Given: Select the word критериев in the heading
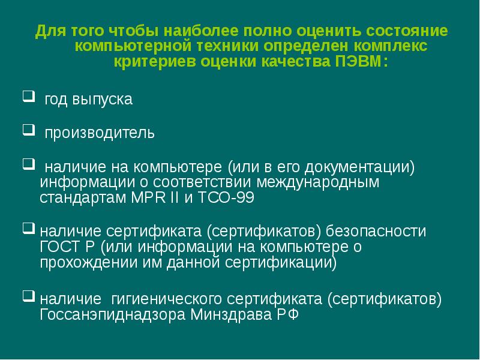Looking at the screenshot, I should [153, 62].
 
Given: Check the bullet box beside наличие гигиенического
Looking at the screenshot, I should [28, 295].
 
